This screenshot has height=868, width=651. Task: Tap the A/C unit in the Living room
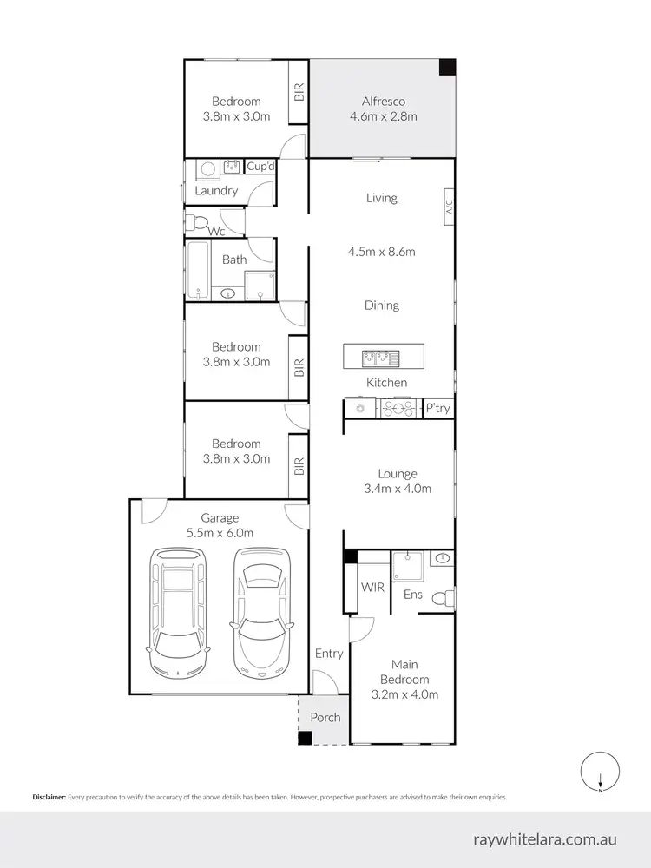pos(449,207)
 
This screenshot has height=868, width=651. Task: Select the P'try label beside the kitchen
pos(437,408)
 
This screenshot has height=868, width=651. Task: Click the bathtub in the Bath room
pos(197,270)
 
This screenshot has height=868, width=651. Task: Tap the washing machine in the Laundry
pos(207,169)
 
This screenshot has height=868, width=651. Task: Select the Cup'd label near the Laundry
pos(261,167)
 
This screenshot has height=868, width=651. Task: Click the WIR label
pos(372,588)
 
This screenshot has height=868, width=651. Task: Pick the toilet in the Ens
pos(444,598)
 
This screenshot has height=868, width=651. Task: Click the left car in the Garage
pos(180,612)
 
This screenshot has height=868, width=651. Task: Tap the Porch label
pos(325,718)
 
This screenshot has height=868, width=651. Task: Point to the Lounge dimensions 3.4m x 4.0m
pos(398,489)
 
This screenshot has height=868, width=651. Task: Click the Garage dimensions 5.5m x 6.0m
pos(220,533)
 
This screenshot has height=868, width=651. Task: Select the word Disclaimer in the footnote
pos(49,797)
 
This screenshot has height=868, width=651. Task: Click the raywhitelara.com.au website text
pos(545,839)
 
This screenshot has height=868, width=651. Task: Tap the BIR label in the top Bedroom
pos(299,93)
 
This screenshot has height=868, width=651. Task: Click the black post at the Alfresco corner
pos(446,67)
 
